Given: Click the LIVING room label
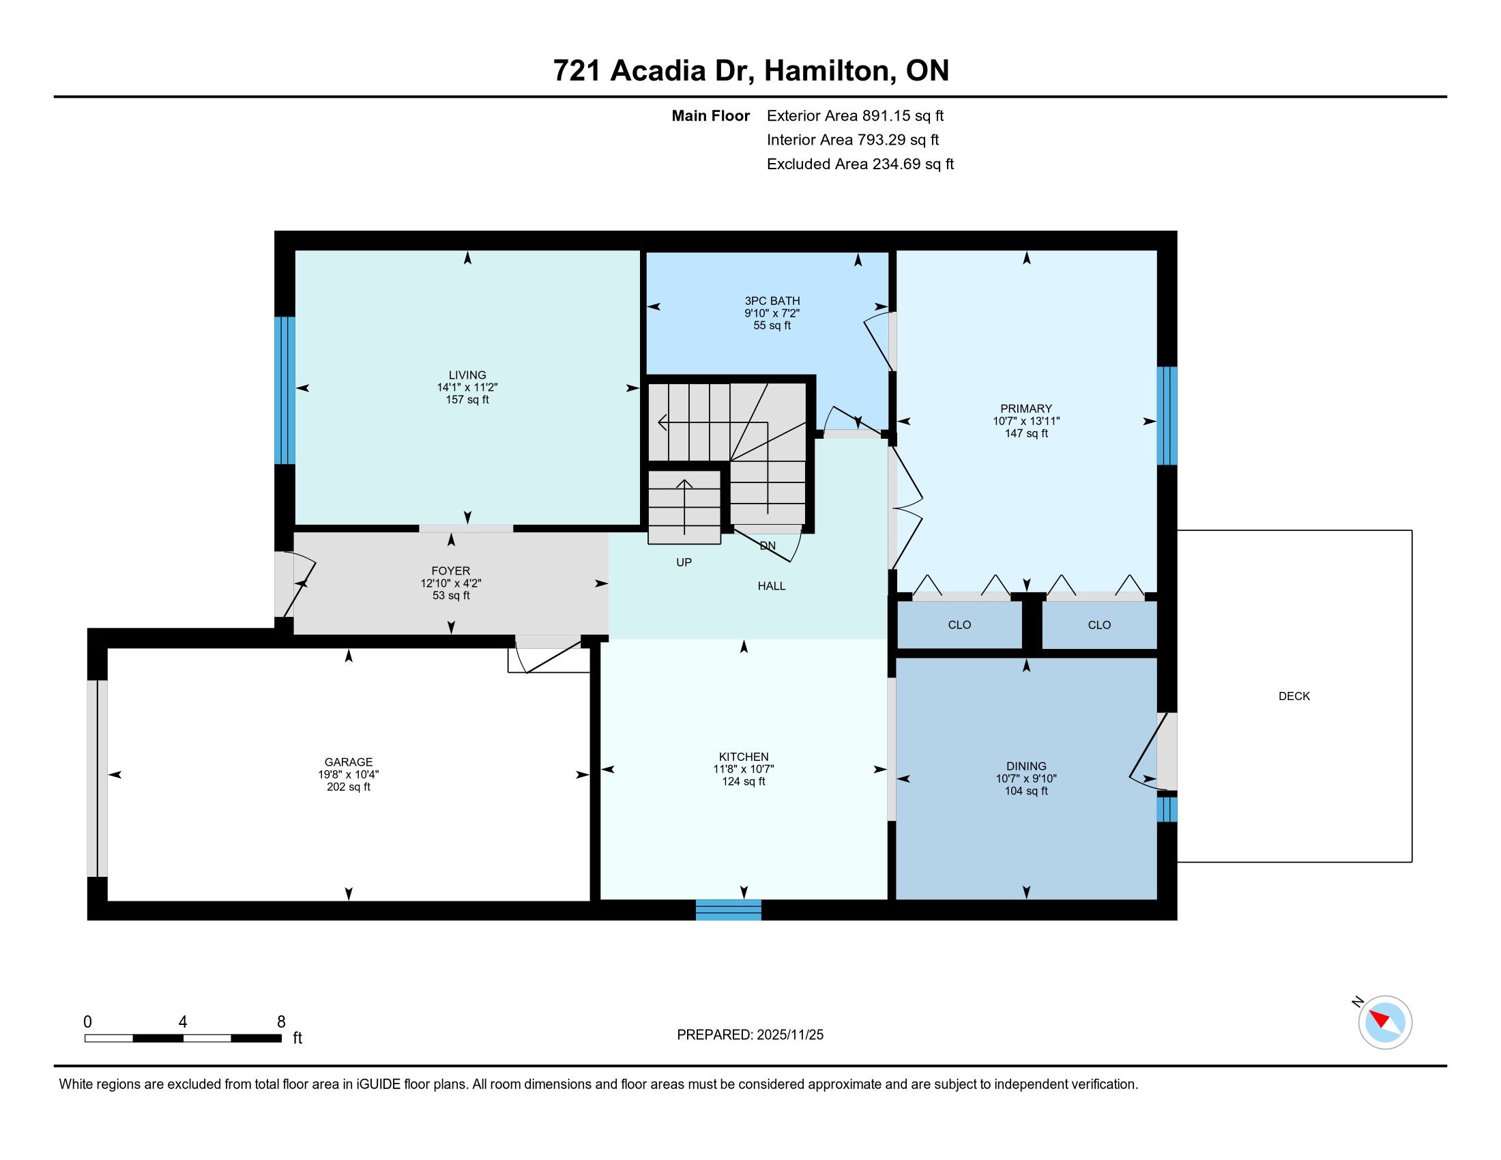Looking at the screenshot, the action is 467,375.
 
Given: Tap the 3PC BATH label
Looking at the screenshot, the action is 772,301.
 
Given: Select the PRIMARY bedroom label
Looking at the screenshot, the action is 1026,409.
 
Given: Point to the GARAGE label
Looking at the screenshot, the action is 349,762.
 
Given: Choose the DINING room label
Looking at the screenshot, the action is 1026,766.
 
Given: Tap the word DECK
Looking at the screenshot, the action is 1294,696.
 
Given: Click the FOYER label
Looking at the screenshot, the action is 451,571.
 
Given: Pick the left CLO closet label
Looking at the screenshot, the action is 959,624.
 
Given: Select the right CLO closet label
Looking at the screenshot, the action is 1100,624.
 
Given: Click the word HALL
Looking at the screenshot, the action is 772,586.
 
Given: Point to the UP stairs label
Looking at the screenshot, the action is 684,562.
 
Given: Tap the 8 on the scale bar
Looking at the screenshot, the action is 281,1022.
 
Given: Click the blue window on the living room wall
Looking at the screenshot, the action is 285,390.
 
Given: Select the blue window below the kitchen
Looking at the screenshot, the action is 729,910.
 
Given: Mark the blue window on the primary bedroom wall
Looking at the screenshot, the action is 1167,416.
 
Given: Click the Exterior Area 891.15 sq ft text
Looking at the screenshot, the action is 856,116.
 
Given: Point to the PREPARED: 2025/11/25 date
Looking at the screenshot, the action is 750,1035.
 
